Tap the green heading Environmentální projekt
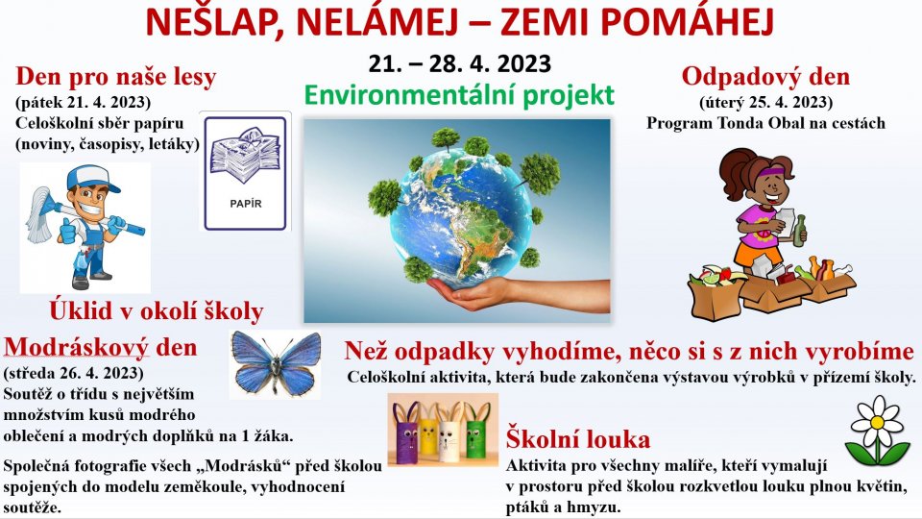click(459, 95)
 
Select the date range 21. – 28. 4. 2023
click(459, 63)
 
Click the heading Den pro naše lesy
click(116, 77)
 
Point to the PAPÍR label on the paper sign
click(246, 204)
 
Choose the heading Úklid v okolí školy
click(157, 311)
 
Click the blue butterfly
click(276, 363)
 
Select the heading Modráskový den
click(101, 347)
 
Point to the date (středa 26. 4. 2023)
click(74, 373)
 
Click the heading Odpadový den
click(765, 77)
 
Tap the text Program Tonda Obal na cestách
click(765, 123)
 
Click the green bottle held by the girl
click(800, 230)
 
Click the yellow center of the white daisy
click(877, 423)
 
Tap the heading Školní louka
click(578, 439)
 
